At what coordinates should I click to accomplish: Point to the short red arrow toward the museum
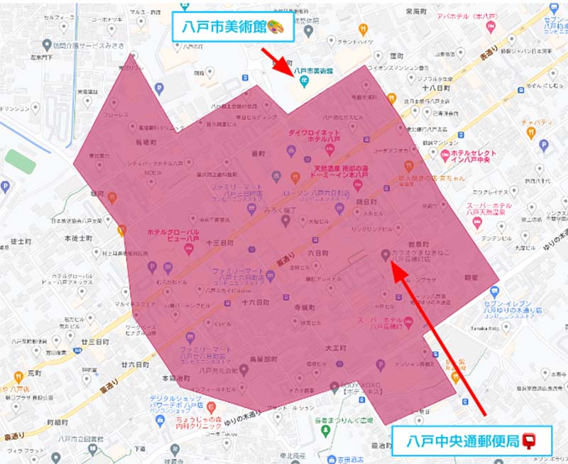[x=277, y=62]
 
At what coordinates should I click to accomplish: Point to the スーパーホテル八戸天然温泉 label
[x=489, y=209]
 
